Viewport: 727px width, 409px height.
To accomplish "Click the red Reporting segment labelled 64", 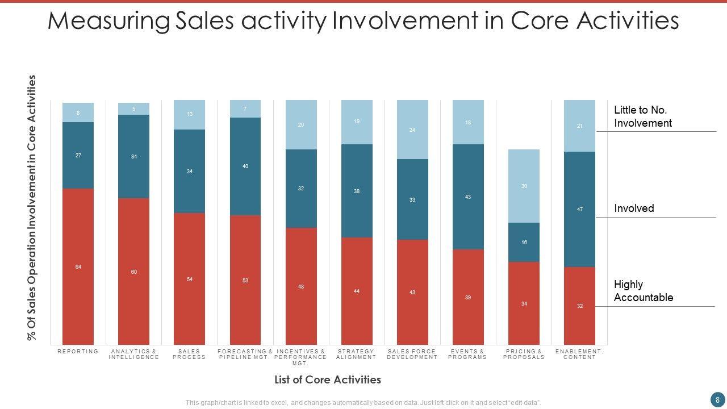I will coord(78,266).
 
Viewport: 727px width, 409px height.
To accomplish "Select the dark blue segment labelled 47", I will coord(579,209).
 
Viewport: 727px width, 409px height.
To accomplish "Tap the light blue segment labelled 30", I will coord(524,186).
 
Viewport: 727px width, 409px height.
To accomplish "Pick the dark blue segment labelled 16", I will coord(524,242).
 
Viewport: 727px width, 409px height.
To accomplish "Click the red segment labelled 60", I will coord(133,272).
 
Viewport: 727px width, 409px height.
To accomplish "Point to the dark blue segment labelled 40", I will coord(245,166).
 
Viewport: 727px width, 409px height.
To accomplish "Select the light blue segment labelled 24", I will coord(412,130).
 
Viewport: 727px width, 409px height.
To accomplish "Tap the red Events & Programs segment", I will coord(468,297).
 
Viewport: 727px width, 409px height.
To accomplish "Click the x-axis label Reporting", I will coord(78,352).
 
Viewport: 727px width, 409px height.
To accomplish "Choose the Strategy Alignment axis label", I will coord(356,354).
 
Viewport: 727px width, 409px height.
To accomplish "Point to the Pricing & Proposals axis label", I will coord(524,354).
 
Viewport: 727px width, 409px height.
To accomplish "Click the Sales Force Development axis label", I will coord(412,354).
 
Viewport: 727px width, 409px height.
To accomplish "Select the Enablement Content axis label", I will coord(579,354).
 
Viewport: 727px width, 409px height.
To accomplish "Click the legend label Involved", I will coord(634,208).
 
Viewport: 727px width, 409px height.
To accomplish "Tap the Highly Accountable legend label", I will coord(643,291).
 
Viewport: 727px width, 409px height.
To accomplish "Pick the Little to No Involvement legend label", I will coord(642,116).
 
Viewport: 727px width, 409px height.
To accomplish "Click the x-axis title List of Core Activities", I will coord(327,379).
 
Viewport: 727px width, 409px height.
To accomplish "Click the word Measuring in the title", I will coord(108,21).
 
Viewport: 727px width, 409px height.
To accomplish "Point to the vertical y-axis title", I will coord(32,207).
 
